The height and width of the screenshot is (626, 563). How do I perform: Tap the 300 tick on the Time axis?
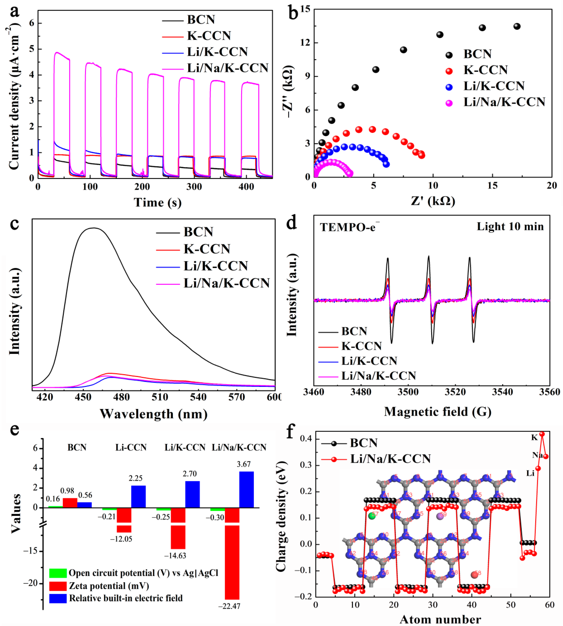pyautogui.click(x=194, y=187)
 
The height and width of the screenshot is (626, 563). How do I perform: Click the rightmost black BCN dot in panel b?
pyautogui.click(x=517, y=27)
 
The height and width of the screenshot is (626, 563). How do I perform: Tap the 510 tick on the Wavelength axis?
pyautogui.click(x=160, y=397)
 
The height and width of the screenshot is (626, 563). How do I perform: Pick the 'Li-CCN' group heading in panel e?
pyautogui.click(x=131, y=447)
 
